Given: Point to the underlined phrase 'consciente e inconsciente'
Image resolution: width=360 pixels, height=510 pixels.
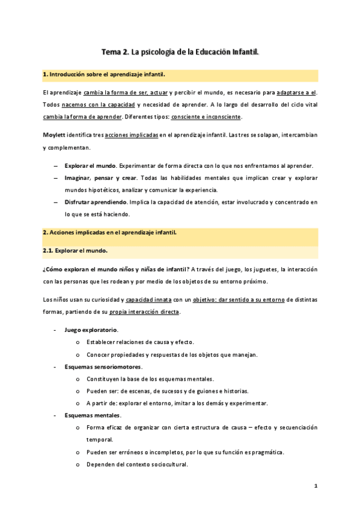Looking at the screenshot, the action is [206, 116].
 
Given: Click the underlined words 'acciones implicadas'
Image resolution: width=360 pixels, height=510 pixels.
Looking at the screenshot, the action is [132, 134].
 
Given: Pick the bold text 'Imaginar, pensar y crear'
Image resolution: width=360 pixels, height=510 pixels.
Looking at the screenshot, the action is [99, 178].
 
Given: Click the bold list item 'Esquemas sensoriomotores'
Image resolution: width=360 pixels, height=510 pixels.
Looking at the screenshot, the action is [103, 367].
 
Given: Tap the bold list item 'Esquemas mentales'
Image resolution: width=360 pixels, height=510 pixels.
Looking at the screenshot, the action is [93, 416].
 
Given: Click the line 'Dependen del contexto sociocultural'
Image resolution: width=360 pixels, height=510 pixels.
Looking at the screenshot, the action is [137, 464].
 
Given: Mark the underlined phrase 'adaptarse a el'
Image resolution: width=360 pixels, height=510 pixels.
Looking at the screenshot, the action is [297, 92].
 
